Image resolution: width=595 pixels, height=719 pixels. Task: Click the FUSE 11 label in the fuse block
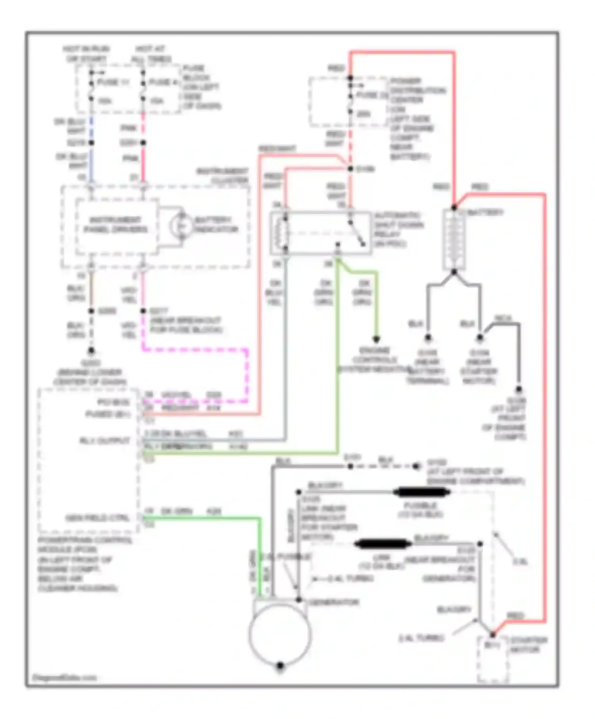(x=113, y=82)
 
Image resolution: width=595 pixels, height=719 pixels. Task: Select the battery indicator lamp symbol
(x=181, y=226)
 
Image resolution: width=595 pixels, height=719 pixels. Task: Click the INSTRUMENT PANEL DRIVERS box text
(x=115, y=225)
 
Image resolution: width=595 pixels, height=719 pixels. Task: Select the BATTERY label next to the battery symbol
(x=484, y=212)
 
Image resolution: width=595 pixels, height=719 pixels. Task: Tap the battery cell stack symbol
(x=454, y=239)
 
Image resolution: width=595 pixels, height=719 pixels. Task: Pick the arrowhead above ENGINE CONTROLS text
(x=376, y=339)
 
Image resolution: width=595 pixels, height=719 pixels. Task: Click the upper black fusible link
(x=421, y=492)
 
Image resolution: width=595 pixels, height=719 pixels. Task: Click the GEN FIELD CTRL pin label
(x=97, y=518)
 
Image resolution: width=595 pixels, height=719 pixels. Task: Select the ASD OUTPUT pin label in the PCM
(x=104, y=440)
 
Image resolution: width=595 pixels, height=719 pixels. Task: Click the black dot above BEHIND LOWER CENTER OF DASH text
(x=91, y=351)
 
